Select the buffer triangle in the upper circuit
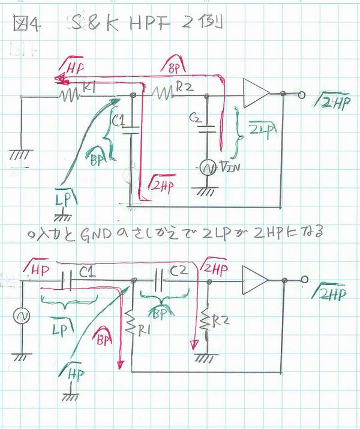[x=256, y=94]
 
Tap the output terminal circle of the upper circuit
[x=301, y=94]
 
